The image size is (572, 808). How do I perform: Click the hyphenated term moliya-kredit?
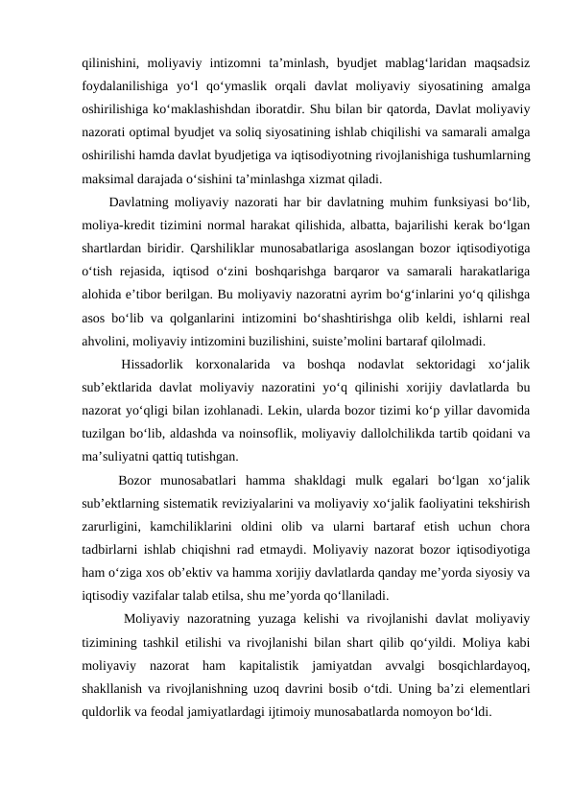coord(122,226)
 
